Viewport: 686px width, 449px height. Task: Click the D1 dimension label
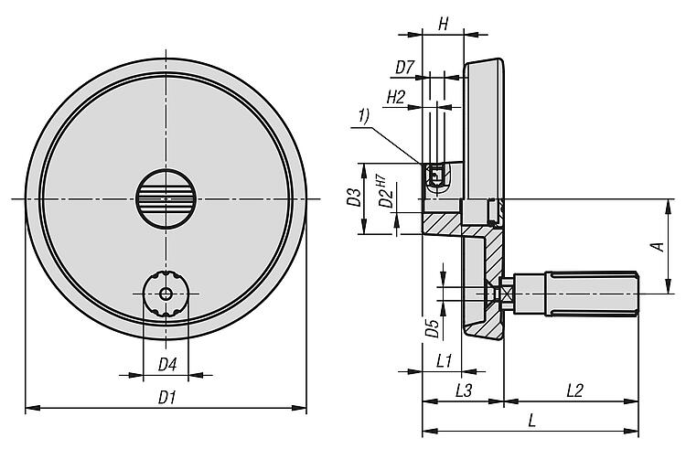click(166, 397)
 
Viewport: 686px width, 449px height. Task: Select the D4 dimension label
click(166, 365)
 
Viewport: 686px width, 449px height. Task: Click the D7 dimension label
click(405, 66)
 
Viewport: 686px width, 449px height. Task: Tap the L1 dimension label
click(445, 360)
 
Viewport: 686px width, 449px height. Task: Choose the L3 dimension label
click(463, 390)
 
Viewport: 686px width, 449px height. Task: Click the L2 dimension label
click(573, 390)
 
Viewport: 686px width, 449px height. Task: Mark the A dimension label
click(655, 247)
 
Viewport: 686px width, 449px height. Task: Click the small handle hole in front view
click(166, 294)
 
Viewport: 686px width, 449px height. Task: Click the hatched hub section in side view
click(449, 220)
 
